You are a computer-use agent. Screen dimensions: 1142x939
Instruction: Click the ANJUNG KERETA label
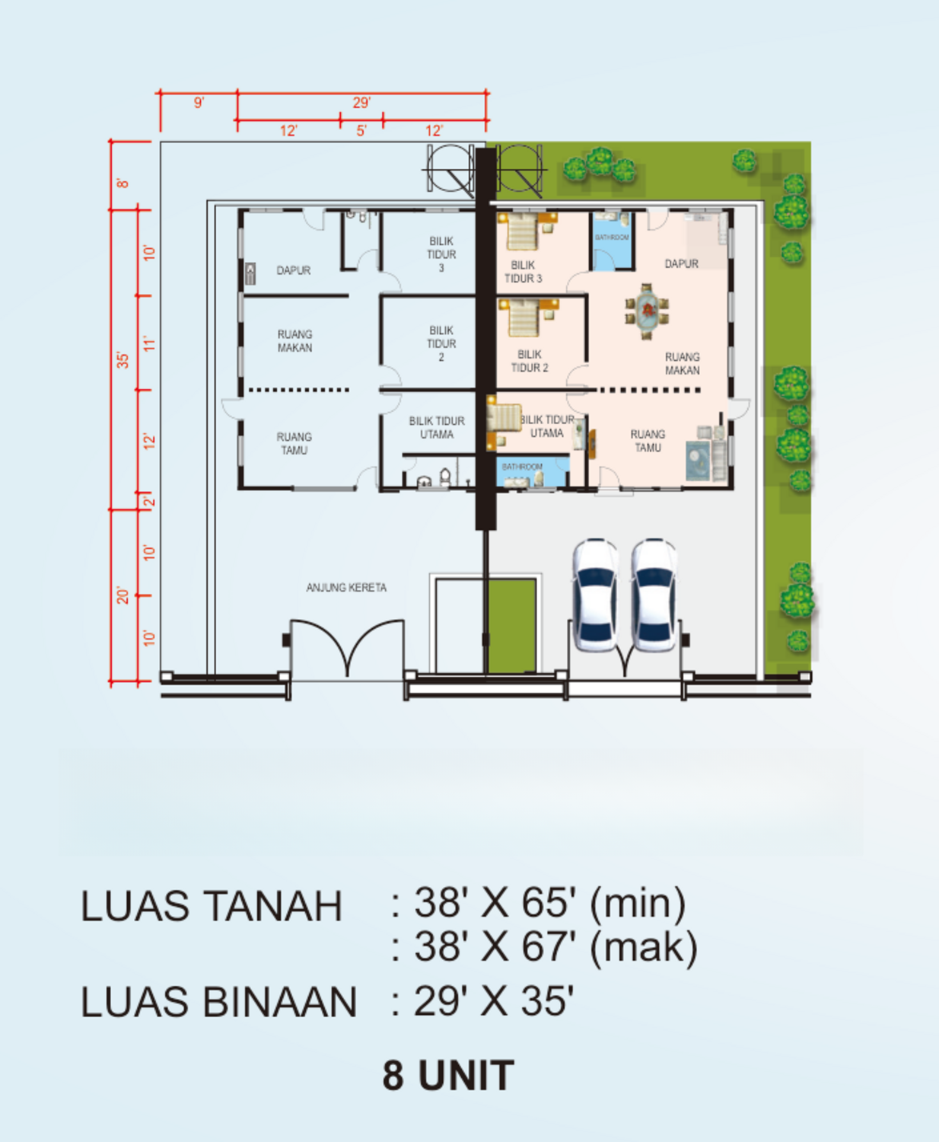point(346,588)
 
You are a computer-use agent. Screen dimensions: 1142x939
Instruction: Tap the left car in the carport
point(595,595)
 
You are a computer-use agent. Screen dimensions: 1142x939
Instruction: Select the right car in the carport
point(654,595)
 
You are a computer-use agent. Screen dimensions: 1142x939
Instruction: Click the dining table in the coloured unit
point(647,311)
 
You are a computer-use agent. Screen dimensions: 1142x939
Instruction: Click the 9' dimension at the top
point(199,103)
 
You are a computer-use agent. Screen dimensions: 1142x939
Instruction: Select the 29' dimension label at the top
point(361,103)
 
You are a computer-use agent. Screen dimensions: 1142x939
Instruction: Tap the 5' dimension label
point(361,131)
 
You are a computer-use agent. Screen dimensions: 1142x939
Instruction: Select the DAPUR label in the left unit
point(293,270)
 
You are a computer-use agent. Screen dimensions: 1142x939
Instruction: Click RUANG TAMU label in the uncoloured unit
point(294,443)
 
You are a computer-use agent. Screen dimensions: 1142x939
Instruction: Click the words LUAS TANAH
point(212,907)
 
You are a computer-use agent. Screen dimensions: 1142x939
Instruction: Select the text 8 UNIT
point(448,1076)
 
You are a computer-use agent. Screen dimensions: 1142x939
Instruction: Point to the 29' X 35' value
point(494,1001)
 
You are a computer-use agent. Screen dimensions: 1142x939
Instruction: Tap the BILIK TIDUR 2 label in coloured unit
point(530,361)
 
